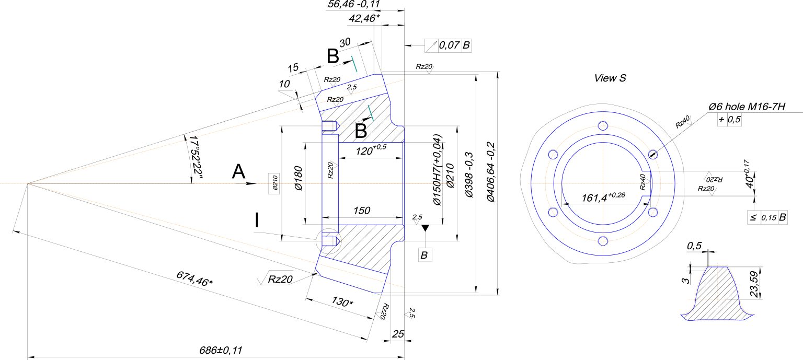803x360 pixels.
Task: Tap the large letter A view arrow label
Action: (238, 172)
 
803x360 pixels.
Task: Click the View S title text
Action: (610, 78)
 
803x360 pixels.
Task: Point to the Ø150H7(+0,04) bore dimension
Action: (437, 170)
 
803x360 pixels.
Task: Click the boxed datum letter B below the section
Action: (425, 255)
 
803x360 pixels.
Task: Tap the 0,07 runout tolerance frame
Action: (449, 45)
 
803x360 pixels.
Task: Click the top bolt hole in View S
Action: (603, 125)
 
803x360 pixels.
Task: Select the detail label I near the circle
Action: (256, 220)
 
